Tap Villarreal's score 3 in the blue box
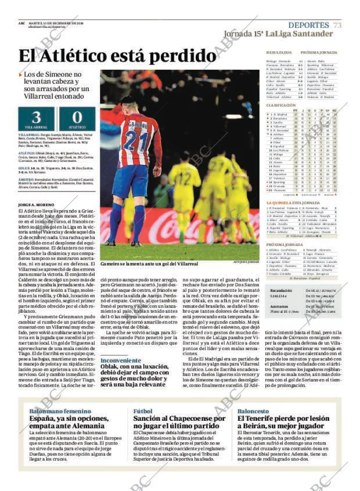pyautogui.click(x=35, y=116)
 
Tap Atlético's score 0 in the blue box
pyautogui.click(x=77, y=116)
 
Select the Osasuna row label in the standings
pyautogui.click(x=279, y=190)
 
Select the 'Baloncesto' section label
pyautogui.click(x=253, y=410)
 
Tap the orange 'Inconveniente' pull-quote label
pyautogui.click(x=120, y=360)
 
